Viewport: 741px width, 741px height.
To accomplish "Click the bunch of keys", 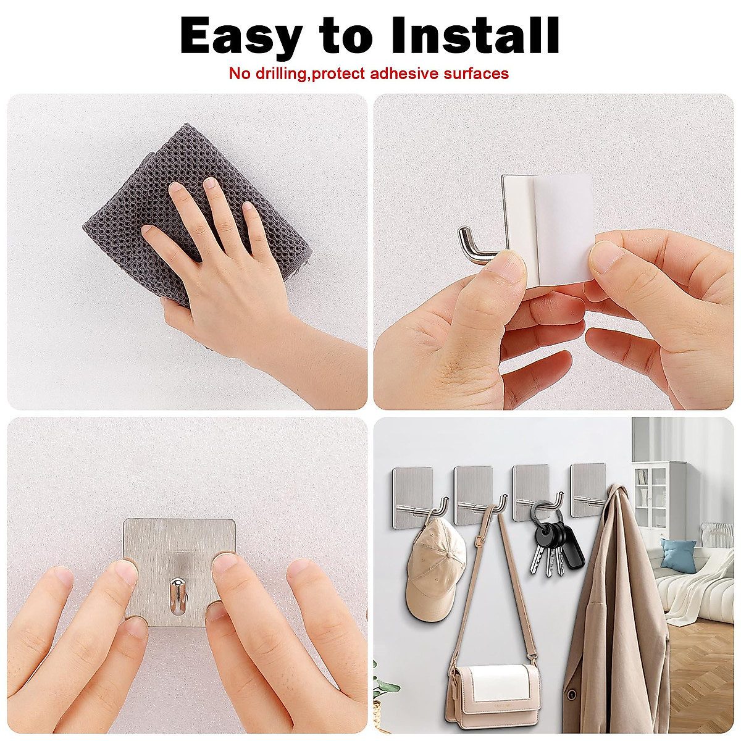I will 550,543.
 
